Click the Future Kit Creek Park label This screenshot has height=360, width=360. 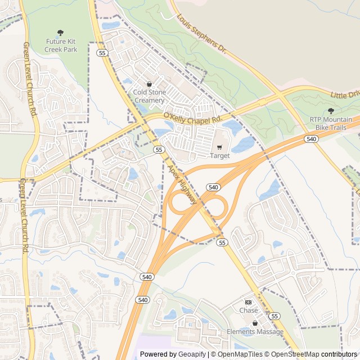[x=60, y=46]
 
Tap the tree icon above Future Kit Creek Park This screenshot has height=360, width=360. [x=60, y=33]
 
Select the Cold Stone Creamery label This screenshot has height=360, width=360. [x=149, y=96]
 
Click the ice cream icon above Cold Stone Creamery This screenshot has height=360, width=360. [x=149, y=84]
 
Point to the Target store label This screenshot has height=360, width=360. [x=219, y=156]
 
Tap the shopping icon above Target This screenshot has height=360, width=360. [x=219, y=147]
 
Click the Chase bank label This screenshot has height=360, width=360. [x=249, y=310]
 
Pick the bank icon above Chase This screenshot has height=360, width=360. [x=249, y=302]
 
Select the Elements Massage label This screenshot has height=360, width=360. [x=255, y=332]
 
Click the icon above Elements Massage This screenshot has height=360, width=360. [x=255, y=323]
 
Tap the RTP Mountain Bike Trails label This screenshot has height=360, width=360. [x=331, y=123]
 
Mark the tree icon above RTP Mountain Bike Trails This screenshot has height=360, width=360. [x=331, y=111]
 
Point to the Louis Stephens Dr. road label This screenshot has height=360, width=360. [x=201, y=34]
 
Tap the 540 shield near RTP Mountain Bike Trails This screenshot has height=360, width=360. [x=311, y=138]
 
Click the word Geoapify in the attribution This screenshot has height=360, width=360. [x=191, y=354]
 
